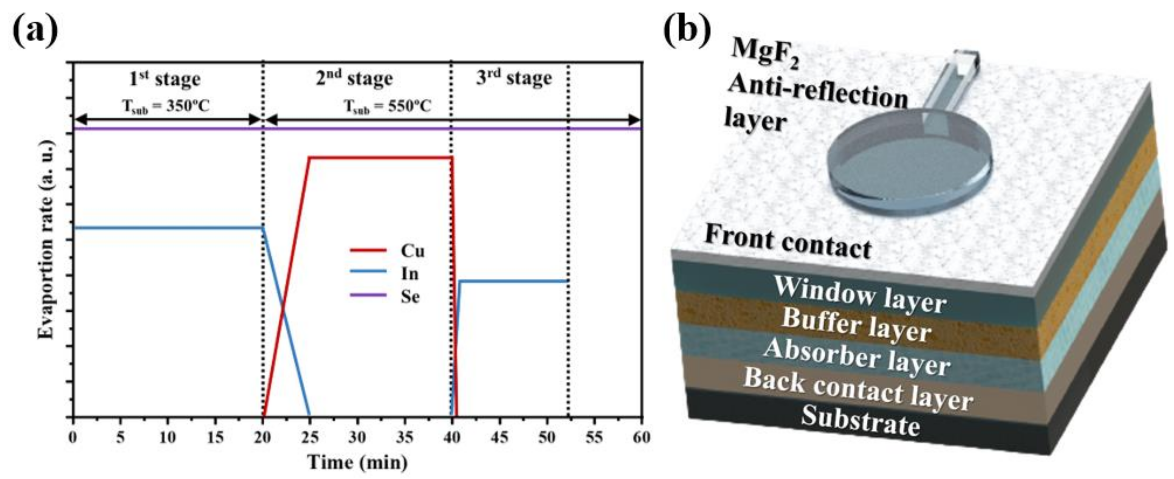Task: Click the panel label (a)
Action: tap(35, 29)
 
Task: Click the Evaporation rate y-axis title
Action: tap(46, 239)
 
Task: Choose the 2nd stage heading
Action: tap(354, 78)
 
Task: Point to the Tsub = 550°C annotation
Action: tap(387, 107)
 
